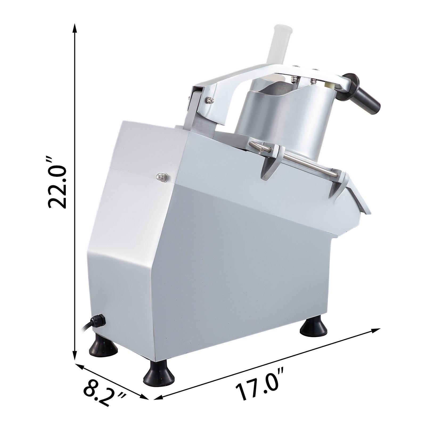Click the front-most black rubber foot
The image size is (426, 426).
(x=159, y=374)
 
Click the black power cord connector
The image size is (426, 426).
(x=97, y=321)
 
